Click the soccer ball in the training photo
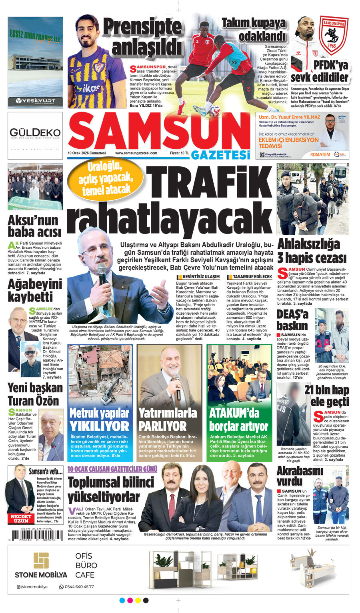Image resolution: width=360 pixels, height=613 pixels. (x=214, y=111)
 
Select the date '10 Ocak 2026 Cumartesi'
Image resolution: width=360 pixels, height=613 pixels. (x=87, y=153)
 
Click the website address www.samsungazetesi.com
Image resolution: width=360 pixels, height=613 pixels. (x=136, y=153)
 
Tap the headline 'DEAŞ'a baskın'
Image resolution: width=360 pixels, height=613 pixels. (x=293, y=320)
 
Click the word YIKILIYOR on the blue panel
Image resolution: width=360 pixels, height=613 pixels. (x=99, y=426)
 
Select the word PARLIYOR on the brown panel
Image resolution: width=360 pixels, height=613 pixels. (x=162, y=426)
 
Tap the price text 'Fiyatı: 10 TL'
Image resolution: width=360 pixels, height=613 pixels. (x=180, y=153)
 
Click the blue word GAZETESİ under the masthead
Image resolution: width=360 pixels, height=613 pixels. (x=220, y=155)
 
